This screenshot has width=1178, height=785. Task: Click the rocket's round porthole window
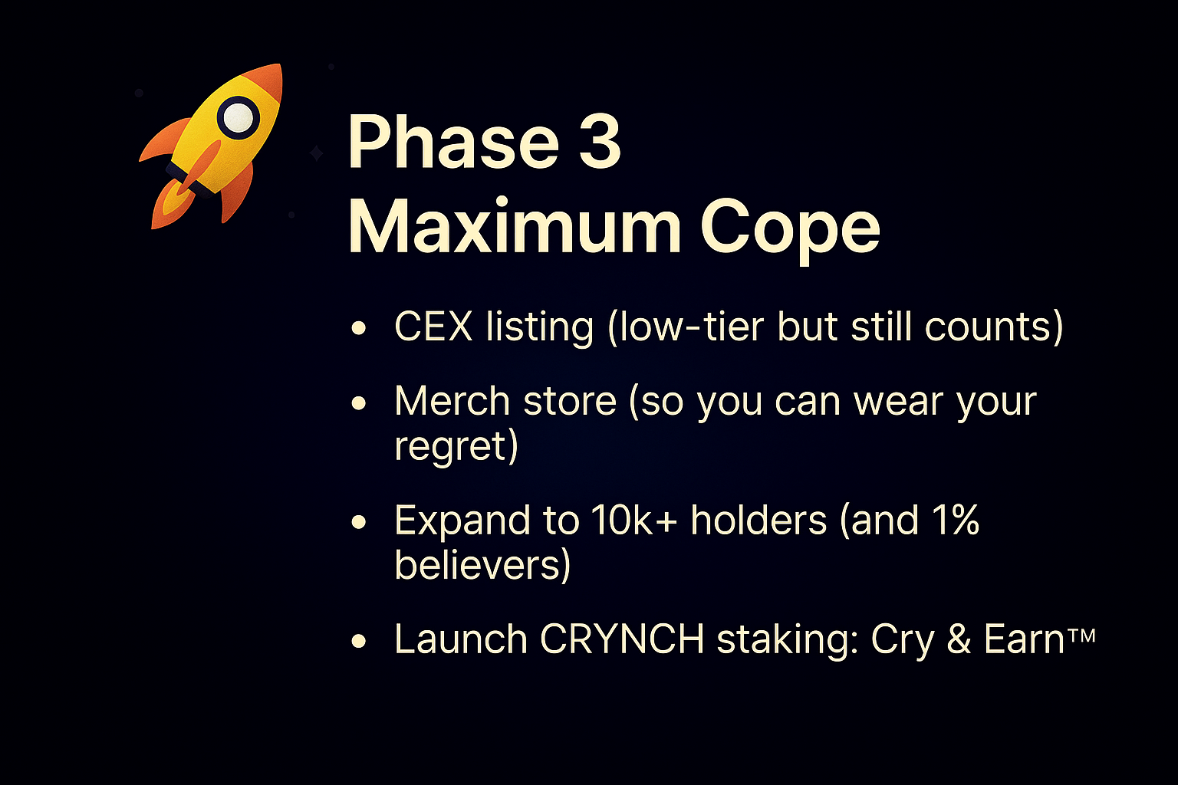[x=239, y=118]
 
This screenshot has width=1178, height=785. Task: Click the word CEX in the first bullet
[x=433, y=327]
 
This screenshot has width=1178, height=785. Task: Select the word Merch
[x=452, y=402]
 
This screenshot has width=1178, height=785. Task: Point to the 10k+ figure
[x=633, y=521]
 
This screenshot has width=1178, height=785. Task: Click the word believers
[x=477, y=564]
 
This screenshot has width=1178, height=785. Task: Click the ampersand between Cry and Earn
[x=958, y=639]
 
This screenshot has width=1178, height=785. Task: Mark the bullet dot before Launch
[x=359, y=641]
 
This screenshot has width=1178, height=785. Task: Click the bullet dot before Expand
[x=359, y=522]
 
